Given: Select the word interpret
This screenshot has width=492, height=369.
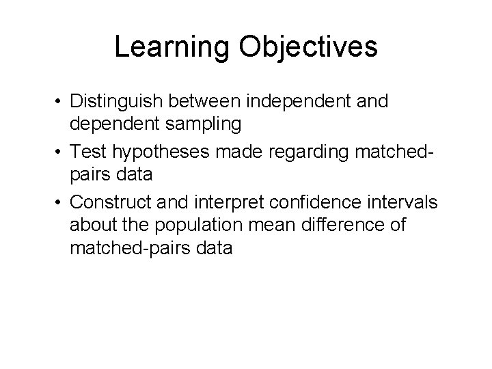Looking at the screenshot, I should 223,201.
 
